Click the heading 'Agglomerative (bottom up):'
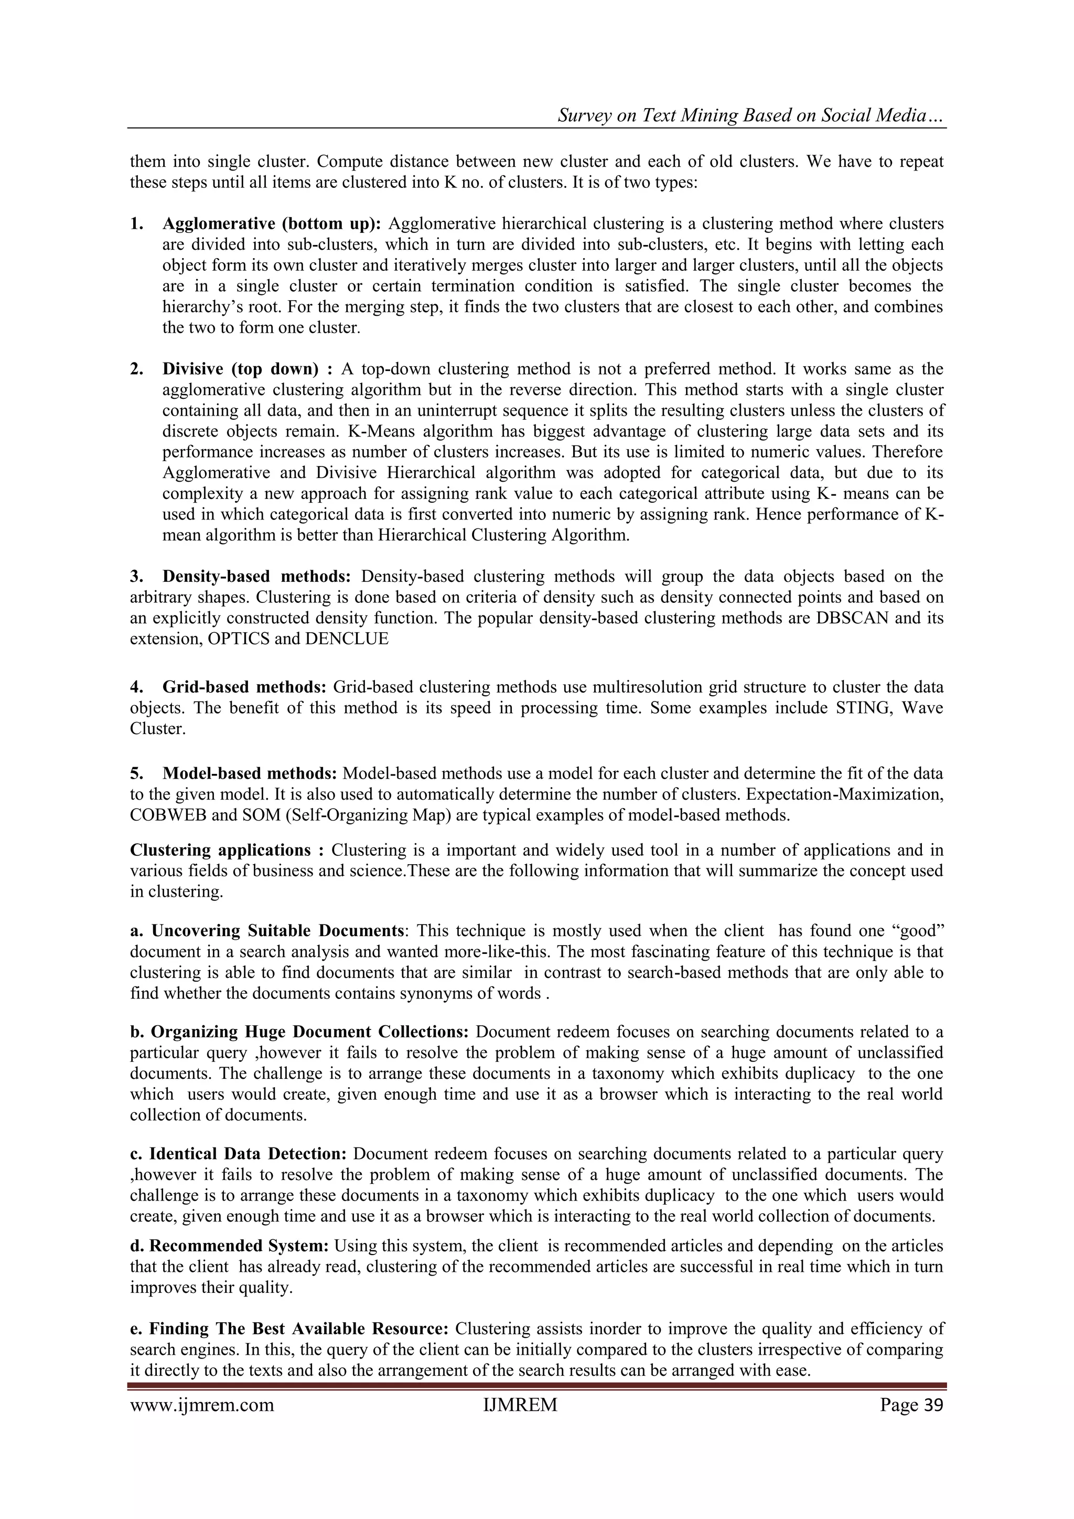[272, 224]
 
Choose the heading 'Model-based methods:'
[250, 773]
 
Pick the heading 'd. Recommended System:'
[230, 1246]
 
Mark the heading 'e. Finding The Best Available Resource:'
[289, 1329]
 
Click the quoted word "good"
[919, 931]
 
